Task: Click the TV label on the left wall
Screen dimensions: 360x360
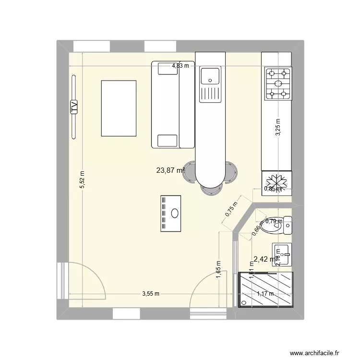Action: point(74,106)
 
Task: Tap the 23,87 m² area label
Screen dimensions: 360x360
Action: point(171,170)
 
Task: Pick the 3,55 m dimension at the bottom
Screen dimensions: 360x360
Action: point(150,294)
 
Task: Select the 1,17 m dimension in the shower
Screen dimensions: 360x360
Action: point(264,294)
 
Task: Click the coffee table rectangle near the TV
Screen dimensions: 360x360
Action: point(119,108)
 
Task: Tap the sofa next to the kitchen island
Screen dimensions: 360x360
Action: point(172,104)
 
